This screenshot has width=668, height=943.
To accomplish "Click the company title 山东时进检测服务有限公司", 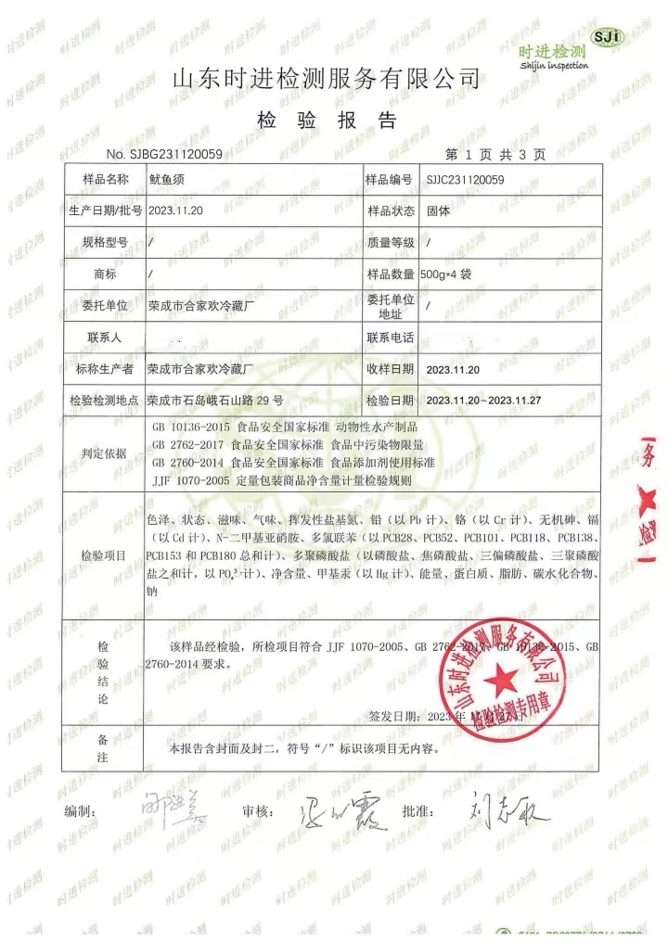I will click(x=328, y=79).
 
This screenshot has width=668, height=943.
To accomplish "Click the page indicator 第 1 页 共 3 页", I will click(x=495, y=153).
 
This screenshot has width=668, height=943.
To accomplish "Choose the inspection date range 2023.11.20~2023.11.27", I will click(x=483, y=401).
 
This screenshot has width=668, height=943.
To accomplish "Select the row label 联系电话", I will click(x=392, y=336).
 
